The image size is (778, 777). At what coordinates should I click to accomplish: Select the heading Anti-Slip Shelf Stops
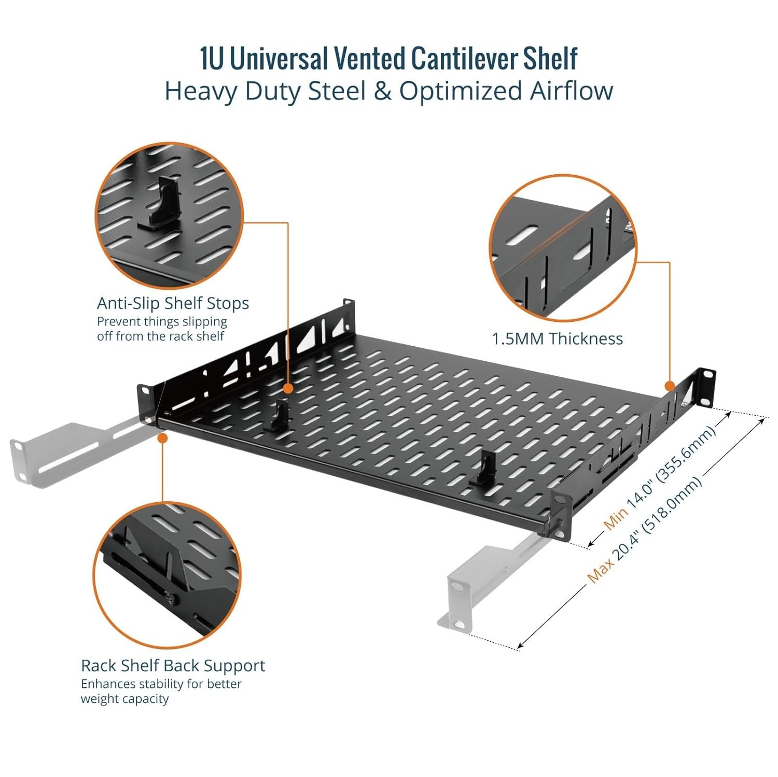(x=173, y=303)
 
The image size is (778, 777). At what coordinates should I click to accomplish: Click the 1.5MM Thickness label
(x=557, y=339)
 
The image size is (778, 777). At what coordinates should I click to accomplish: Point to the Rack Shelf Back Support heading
(x=173, y=666)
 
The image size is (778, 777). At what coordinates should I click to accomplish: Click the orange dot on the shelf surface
(x=288, y=388)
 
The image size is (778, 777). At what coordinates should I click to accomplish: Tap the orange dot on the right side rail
(x=670, y=386)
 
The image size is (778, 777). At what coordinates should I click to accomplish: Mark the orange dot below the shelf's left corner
(x=162, y=438)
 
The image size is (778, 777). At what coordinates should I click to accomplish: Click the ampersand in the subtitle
(x=383, y=91)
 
